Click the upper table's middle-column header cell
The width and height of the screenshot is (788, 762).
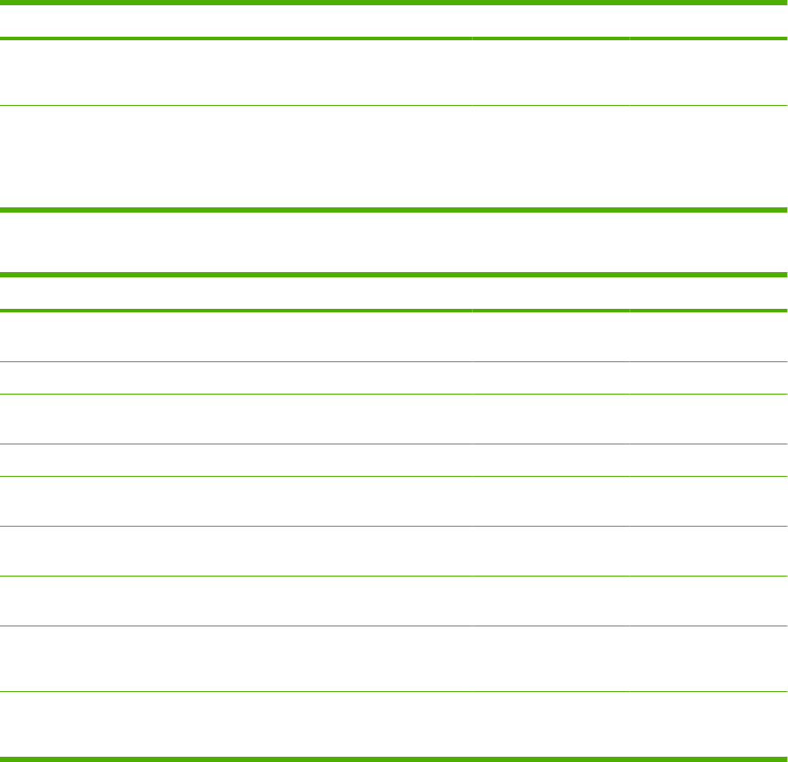[x=550, y=20]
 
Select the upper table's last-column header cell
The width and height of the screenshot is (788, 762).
[x=707, y=20]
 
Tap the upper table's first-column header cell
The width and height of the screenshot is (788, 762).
[x=236, y=20]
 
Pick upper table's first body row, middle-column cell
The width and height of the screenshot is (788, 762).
[x=550, y=73]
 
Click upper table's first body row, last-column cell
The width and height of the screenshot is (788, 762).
[x=707, y=73]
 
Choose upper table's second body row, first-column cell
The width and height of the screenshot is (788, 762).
[x=236, y=157]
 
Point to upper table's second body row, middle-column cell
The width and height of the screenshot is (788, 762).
[x=550, y=157]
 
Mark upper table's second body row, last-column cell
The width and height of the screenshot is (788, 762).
[x=707, y=157]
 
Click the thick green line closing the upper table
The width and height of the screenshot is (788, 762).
[x=394, y=210]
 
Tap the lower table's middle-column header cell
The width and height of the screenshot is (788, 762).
[x=550, y=293]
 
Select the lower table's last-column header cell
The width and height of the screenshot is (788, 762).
[x=707, y=293]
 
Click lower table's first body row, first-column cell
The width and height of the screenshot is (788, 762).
[x=236, y=337]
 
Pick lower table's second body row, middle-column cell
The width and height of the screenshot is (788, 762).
[x=550, y=378]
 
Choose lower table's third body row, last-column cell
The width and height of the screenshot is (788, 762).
[x=707, y=419]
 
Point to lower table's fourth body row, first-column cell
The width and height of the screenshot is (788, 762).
[x=236, y=460]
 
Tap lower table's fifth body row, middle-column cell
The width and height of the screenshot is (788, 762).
[x=550, y=501]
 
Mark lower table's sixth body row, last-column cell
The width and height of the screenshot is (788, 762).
[x=707, y=551]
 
